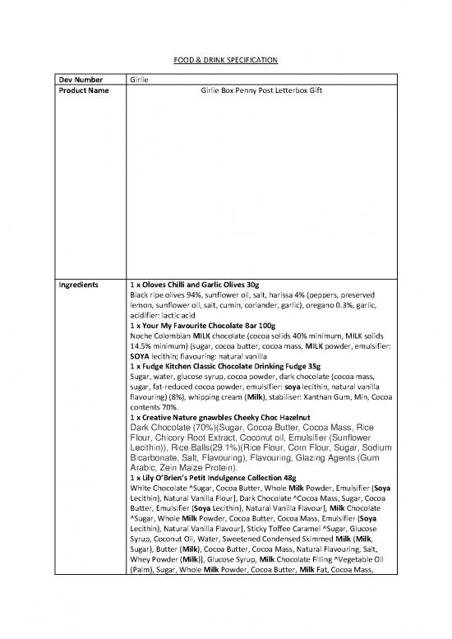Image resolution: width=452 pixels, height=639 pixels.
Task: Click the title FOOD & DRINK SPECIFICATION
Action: [226, 60]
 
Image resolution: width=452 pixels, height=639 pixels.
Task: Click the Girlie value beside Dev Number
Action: [141, 79]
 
